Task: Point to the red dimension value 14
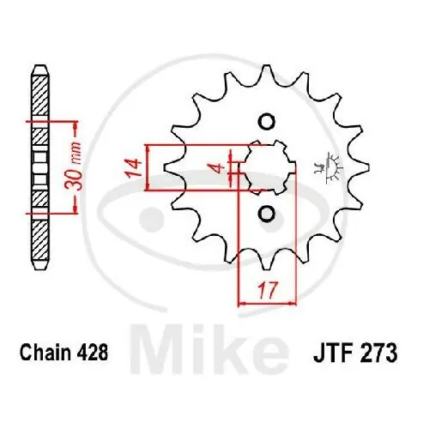(x=135, y=166)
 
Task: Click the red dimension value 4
(x=220, y=166)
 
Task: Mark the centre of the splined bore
(x=266, y=166)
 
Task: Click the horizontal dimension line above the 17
(x=265, y=302)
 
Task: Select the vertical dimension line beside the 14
(x=149, y=166)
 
